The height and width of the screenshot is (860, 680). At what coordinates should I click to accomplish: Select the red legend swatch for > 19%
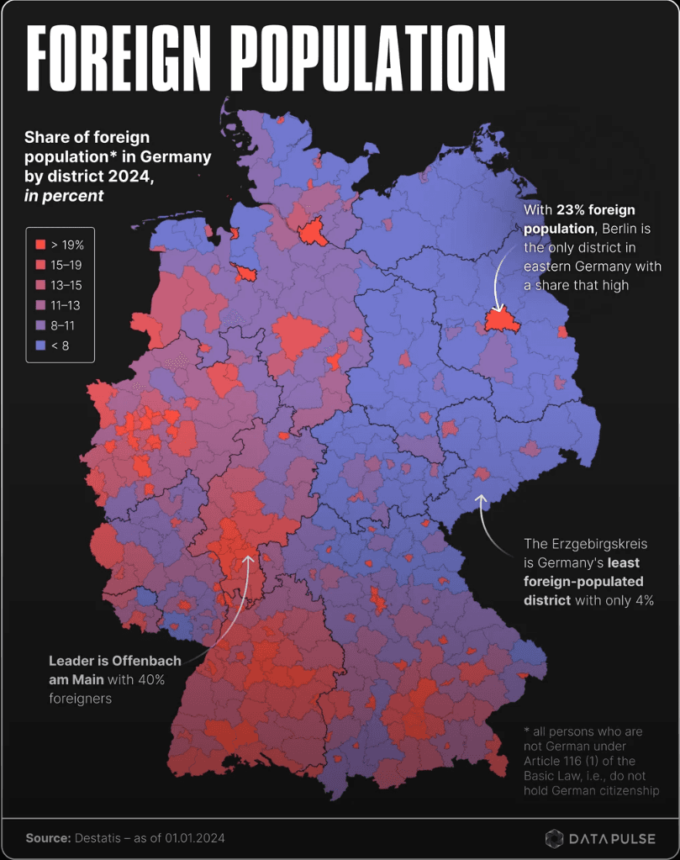tap(40, 245)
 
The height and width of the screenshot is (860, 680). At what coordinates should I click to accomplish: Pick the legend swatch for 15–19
tap(40, 265)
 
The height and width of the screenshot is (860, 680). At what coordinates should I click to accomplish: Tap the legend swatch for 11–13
tap(40, 305)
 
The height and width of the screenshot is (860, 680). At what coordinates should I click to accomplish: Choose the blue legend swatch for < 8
tap(40, 345)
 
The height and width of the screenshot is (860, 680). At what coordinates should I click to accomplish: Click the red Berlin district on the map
tap(498, 320)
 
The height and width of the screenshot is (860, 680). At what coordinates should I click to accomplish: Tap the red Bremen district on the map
tap(245, 272)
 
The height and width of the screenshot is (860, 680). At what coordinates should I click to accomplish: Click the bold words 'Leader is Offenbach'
tap(113, 661)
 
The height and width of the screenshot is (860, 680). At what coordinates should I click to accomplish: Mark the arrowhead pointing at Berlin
tap(497, 310)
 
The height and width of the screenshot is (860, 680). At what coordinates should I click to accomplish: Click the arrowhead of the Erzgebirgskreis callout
tap(481, 498)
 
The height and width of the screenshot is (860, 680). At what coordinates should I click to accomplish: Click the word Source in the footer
tap(46, 838)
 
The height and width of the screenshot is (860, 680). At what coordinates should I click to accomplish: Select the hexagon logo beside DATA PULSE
tap(554, 838)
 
